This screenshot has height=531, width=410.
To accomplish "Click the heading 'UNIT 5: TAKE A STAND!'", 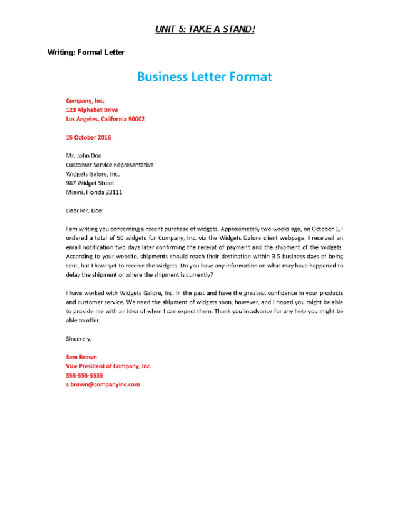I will (205, 29).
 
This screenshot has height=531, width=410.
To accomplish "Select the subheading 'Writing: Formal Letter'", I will (86, 53).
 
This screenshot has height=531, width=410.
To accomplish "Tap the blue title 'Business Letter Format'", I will (205, 77).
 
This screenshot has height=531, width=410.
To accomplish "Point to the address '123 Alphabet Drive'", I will (92, 110).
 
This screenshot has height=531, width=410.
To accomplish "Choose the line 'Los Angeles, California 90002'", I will (105, 119).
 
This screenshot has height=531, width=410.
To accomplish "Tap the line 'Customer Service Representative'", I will (110, 165).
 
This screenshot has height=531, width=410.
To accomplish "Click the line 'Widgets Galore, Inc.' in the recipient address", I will (93, 174).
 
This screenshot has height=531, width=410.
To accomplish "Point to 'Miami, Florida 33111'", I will (94, 192).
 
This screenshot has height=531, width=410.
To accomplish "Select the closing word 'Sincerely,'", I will (79, 339).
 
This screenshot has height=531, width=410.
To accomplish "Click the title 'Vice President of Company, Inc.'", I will (109, 366).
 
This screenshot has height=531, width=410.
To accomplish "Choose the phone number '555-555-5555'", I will (85, 375).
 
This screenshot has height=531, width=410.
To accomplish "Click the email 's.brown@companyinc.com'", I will (103, 384).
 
